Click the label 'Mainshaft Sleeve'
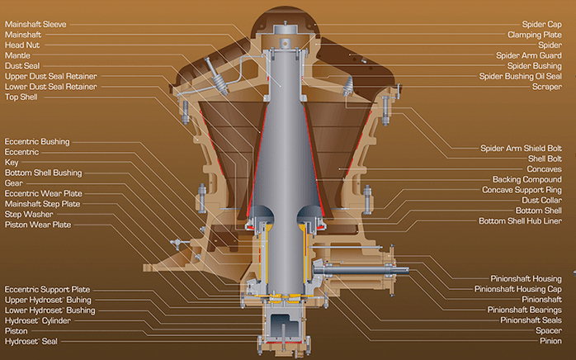(x=35, y=24)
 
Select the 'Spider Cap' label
(x=542, y=24)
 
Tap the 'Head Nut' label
(x=22, y=45)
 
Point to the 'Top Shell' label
(x=21, y=97)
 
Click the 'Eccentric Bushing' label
(x=37, y=141)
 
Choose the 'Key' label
(x=12, y=163)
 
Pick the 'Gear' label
(x=14, y=183)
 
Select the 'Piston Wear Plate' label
(x=38, y=225)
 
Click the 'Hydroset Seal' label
(x=31, y=341)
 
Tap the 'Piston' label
(x=17, y=331)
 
